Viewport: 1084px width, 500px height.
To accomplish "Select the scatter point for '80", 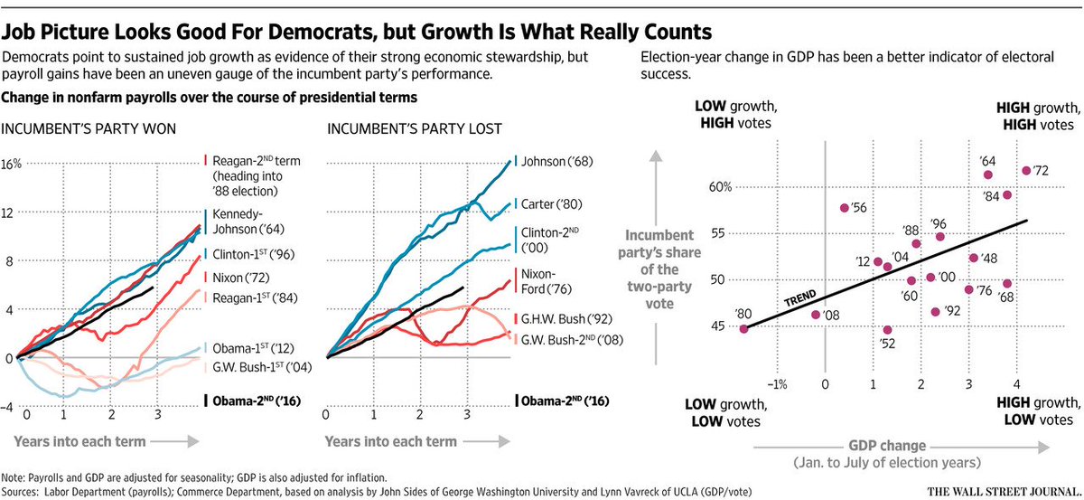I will [743, 329].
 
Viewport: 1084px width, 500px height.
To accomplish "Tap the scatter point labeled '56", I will [844, 208].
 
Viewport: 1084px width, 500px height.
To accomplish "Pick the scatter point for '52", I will [887, 330].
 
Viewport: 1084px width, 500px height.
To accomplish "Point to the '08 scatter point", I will [816, 315].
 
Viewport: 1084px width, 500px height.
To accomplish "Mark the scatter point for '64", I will [988, 175].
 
